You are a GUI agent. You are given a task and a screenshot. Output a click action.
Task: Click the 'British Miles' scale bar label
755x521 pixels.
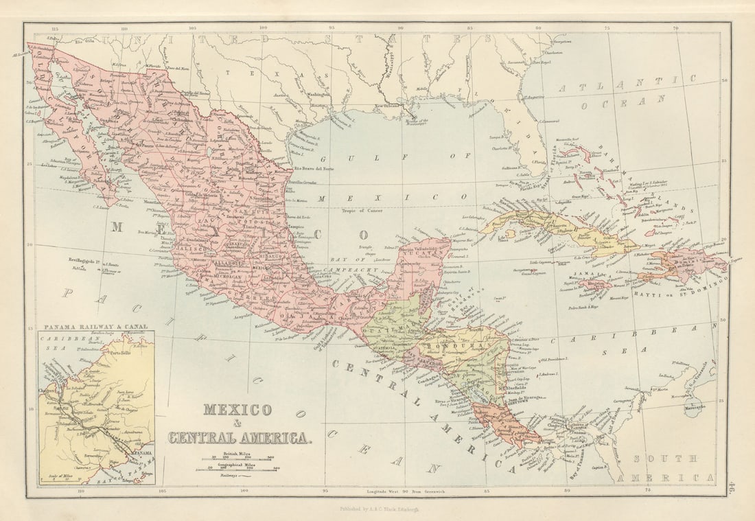[x=240, y=450]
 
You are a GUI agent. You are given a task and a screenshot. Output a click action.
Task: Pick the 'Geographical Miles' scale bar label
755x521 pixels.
[x=240, y=463]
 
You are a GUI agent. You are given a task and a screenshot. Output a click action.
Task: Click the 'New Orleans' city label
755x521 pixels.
[x=387, y=106]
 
